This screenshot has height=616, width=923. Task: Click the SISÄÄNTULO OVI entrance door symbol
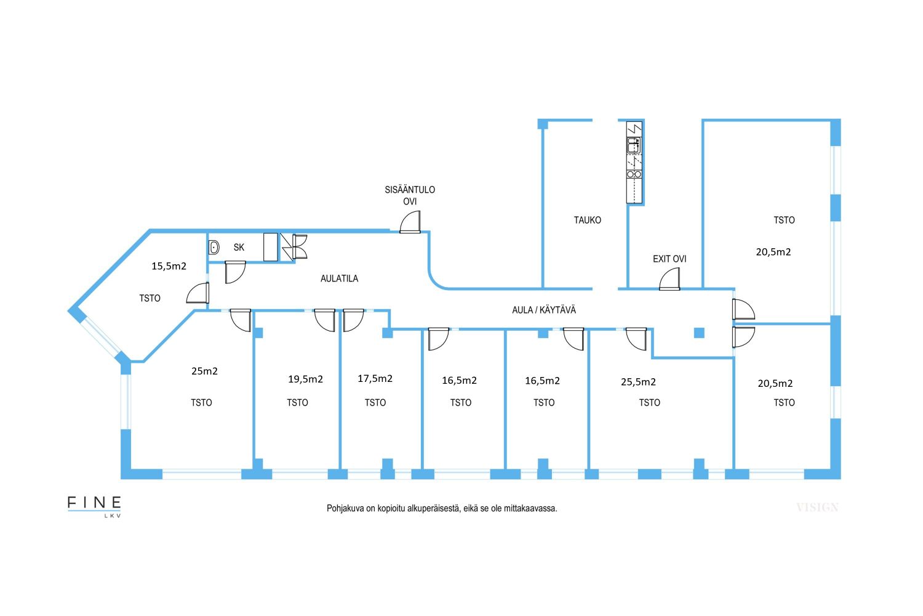pyautogui.click(x=410, y=222)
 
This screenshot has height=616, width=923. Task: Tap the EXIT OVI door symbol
pyautogui.click(x=669, y=279)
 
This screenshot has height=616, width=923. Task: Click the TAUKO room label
pyautogui.click(x=587, y=220)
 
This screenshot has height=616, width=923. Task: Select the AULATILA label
pyautogui.click(x=339, y=278)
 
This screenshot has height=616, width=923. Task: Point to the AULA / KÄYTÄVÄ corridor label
pyautogui.click(x=544, y=310)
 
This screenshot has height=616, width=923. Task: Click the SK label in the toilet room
pyautogui.click(x=239, y=248)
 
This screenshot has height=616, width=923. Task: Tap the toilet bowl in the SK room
pyautogui.click(x=214, y=248)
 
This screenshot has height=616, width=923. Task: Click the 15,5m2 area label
pyautogui.click(x=169, y=266)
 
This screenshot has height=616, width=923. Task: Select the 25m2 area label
pyautogui.click(x=204, y=371)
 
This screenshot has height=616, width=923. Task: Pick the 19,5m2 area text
pyautogui.click(x=305, y=379)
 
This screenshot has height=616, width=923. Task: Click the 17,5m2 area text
pyautogui.click(x=375, y=378)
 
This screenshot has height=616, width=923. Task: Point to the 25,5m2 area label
pyautogui.click(x=638, y=382)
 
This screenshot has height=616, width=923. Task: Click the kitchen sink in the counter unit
pyautogui.click(x=634, y=146)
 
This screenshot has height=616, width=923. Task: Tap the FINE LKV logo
pyautogui.click(x=94, y=505)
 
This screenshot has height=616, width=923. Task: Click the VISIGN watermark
pyautogui.click(x=817, y=508)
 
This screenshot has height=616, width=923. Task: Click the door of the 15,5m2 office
pyautogui.click(x=197, y=293)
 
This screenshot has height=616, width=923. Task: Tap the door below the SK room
pyautogui.click(x=235, y=272)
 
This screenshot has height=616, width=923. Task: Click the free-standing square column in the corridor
pyautogui.click(x=699, y=333)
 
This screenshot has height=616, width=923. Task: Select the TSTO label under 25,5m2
pyautogui.click(x=649, y=403)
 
